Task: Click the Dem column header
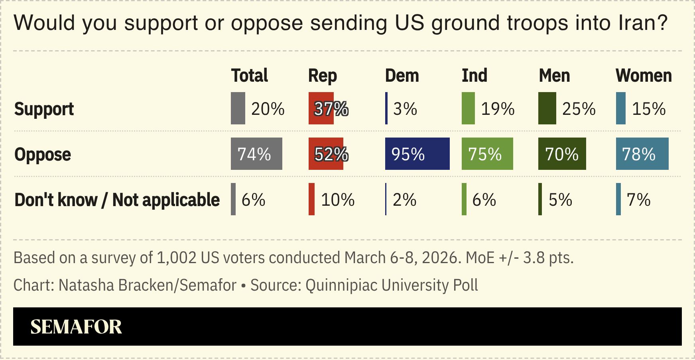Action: [x=402, y=76]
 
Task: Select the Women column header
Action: [x=643, y=76]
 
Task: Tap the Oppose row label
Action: [x=43, y=154]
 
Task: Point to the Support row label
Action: [x=44, y=109]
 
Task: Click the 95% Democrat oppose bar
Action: [x=417, y=154]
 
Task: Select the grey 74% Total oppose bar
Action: [x=256, y=154]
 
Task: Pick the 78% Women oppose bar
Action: [x=642, y=154]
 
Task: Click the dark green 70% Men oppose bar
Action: [x=562, y=154]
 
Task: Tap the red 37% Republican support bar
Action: [x=321, y=108]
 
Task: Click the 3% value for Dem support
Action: [x=405, y=109]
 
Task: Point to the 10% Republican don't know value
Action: [x=337, y=200]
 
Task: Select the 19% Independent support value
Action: [x=497, y=109]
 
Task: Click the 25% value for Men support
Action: [x=579, y=109]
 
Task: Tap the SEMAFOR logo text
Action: [x=76, y=327]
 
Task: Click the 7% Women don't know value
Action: [x=638, y=200]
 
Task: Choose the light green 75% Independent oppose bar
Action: [x=487, y=154]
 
